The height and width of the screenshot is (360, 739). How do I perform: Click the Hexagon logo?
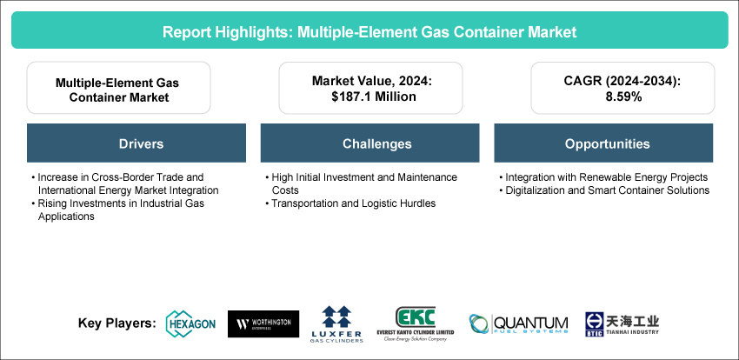191,323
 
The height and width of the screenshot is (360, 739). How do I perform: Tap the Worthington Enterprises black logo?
263,323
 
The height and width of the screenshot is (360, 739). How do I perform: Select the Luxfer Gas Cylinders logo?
336,324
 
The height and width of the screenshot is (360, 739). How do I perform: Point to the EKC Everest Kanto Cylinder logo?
416,323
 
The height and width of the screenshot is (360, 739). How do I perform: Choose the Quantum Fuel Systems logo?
518,324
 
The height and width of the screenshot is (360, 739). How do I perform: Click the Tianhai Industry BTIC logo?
622,323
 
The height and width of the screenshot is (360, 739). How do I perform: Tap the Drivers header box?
136,143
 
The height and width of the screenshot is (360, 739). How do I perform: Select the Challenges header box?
370,143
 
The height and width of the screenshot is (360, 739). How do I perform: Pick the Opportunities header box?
603,143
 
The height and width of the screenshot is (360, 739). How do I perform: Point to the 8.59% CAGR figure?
622,97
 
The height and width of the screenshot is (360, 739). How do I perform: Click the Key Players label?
117,323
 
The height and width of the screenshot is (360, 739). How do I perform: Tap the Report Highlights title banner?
369,30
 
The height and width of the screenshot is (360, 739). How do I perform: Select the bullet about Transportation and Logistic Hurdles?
350,203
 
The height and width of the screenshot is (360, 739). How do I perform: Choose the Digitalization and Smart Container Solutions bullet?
604,190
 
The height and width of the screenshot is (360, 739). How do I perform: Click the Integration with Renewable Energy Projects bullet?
603,177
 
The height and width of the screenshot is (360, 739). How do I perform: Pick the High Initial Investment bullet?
362,183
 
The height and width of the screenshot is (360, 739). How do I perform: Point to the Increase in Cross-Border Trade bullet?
125,183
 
